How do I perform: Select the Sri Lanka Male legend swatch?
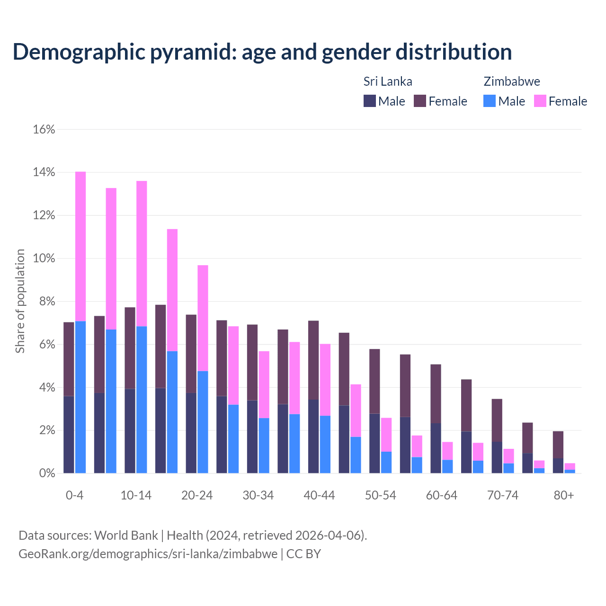click(369, 101)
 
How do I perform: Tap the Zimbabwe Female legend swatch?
click(540, 101)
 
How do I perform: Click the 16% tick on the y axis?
click(44, 129)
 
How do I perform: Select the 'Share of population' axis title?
click(20, 301)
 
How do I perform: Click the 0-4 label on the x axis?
click(75, 495)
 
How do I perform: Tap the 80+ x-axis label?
click(564, 495)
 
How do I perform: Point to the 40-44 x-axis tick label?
click(319, 495)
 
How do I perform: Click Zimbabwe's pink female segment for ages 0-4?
click(80, 246)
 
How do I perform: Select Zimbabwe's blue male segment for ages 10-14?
click(142, 400)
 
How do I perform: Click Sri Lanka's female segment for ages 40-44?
click(313, 360)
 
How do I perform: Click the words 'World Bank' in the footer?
click(126, 535)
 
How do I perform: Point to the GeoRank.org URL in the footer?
click(148, 554)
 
